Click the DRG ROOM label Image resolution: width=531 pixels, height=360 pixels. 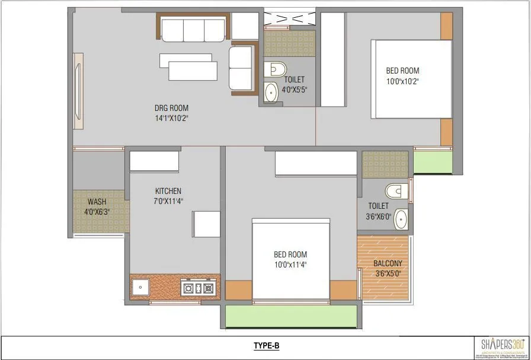(x=171, y=108)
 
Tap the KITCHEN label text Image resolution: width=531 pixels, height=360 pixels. (x=168, y=191)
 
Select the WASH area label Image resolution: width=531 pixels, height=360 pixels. (x=97, y=202)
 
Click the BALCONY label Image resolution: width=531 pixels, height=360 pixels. (x=388, y=264)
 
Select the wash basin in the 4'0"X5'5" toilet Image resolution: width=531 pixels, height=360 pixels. (x=271, y=93)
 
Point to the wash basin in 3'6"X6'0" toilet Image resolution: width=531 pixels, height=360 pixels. (x=401, y=218)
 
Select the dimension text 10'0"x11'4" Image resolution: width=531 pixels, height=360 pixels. (x=290, y=265)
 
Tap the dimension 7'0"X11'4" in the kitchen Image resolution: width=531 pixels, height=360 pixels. (x=168, y=200)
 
